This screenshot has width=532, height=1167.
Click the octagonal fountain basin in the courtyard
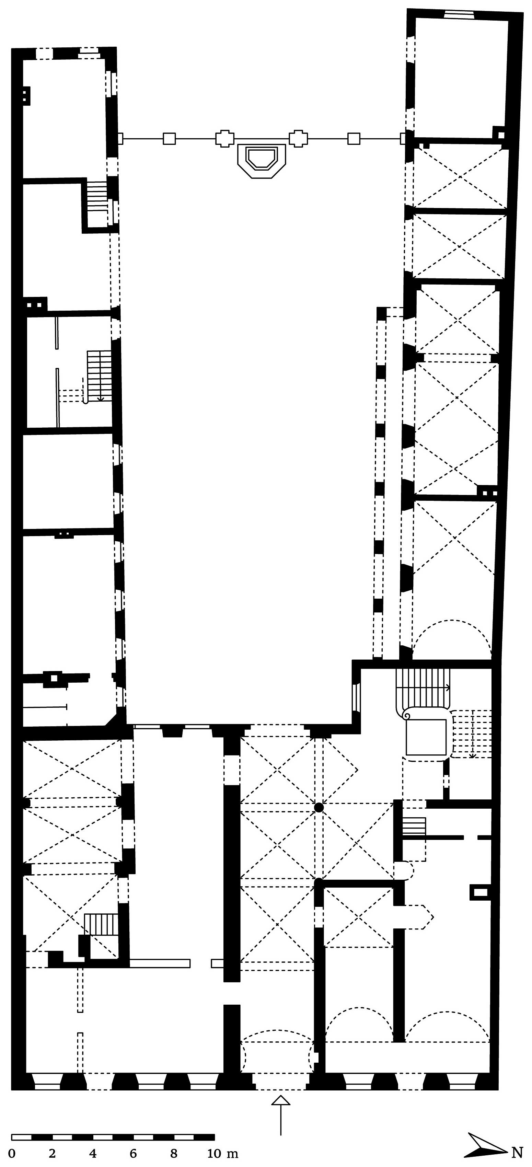pos(262,161)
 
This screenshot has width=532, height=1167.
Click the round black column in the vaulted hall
pos(319,807)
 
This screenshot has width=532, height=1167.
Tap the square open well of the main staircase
pos(426,737)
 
